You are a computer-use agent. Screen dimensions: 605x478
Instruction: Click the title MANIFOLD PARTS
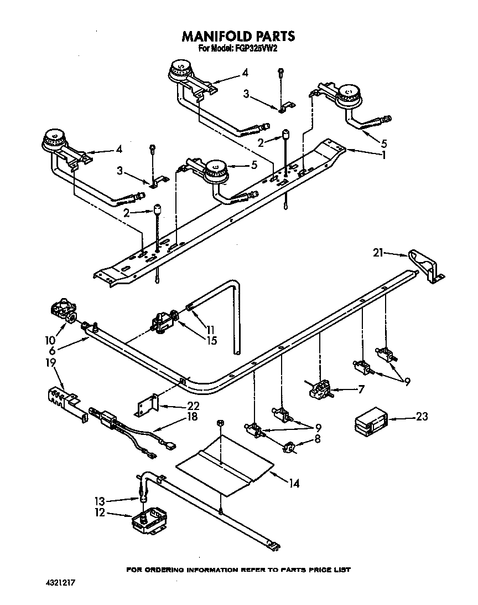click(x=238, y=37)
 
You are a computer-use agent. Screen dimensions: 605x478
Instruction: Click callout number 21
click(x=377, y=253)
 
